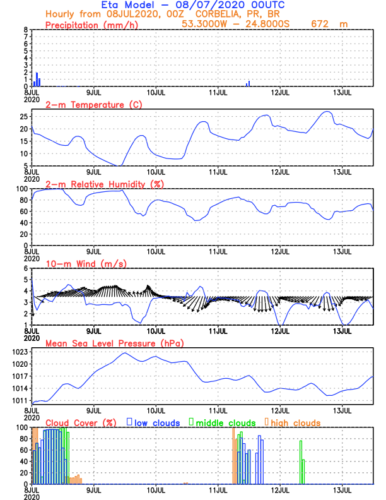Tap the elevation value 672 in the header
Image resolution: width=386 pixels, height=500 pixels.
coord(322,24)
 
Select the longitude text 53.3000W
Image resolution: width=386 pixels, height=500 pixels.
coord(205,24)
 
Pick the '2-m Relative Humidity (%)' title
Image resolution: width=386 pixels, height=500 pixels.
coord(104,184)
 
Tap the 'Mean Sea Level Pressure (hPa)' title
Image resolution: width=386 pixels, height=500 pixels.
coord(115,343)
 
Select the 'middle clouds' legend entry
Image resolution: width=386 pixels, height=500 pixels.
coord(226,422)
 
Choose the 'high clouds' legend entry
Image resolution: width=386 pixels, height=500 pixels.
coord(295,422)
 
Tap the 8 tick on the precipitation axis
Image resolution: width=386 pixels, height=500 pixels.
coord(25,30)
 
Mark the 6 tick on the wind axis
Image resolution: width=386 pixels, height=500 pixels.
coord(25,268)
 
